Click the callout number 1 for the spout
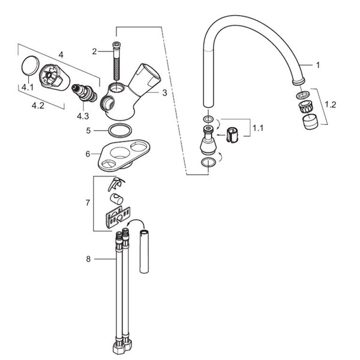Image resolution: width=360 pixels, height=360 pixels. [x=318, y=65]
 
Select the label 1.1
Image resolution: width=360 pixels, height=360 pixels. [x=258, y=128]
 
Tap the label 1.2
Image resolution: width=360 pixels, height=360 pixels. [x=331, y=104]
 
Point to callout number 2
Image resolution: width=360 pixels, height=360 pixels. [x=94, y=52]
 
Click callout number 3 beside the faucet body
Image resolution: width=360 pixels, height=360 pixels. [x=164, y=93]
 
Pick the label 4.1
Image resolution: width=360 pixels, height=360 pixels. [x=28, y=87]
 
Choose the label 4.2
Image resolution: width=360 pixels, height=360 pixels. [x=38, y=106]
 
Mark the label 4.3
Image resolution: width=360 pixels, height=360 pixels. [x=83, y=116]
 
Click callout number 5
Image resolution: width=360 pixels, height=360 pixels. [x=88, y=131]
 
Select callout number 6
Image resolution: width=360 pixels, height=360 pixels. [x=88, y=154]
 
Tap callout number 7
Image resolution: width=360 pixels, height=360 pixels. [x=88, y=203]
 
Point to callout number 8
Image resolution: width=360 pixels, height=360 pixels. [x=88, y=259]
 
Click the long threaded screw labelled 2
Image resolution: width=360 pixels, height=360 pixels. [x=116, y=62]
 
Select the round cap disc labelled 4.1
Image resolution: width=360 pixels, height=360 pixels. [x=30, y=65]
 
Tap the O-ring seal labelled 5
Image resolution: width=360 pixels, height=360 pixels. [x=120, y=131]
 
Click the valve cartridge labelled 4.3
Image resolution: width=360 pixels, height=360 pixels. [x=84, y=93]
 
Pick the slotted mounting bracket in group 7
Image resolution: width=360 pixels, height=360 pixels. [x=118, y=217]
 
